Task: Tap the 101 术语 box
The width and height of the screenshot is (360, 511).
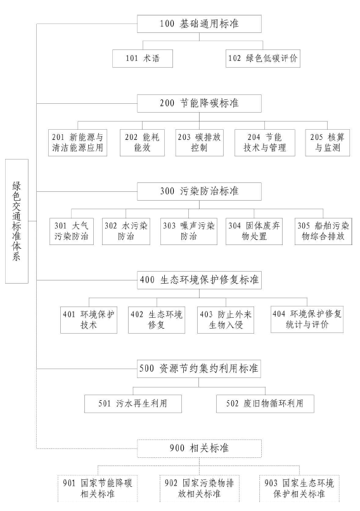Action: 141,58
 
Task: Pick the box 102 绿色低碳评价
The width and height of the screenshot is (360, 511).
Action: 262,58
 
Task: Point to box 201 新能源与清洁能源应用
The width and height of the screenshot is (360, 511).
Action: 77,142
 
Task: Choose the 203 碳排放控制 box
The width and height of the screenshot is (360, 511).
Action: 198,142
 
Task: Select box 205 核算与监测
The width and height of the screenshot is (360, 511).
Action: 325,142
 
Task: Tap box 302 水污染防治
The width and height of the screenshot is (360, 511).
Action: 126,230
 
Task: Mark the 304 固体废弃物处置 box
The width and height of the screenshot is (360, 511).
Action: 254,230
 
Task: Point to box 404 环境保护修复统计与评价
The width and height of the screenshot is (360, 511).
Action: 307,320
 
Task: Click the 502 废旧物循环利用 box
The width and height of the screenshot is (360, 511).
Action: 265,403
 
